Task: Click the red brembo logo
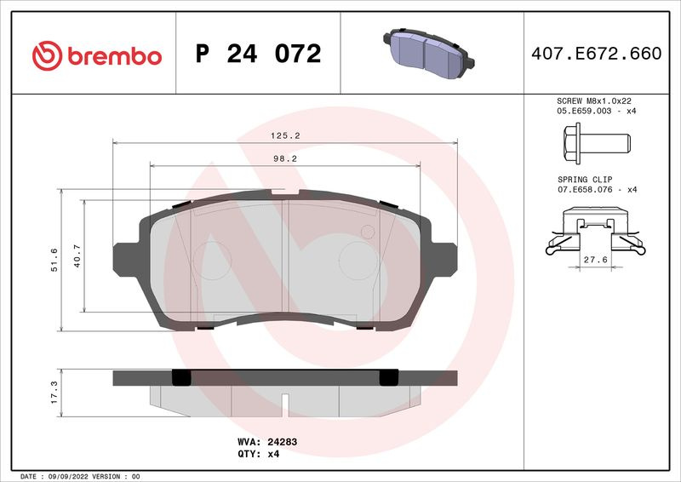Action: [x=97, y=55]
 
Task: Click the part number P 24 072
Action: [x=259, y=54]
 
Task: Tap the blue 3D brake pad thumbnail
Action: [x=429, y=54]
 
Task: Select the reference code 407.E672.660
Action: [x=597, y=54]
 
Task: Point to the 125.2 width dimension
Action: [x=285, y=135]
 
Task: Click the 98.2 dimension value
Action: [x=285, y=159]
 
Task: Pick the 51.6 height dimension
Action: [x=54, y=260]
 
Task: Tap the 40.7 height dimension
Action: [x=77, y=255]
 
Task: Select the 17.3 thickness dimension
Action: [x=54, y=393]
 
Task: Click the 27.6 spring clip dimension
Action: [x=595, y=260]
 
